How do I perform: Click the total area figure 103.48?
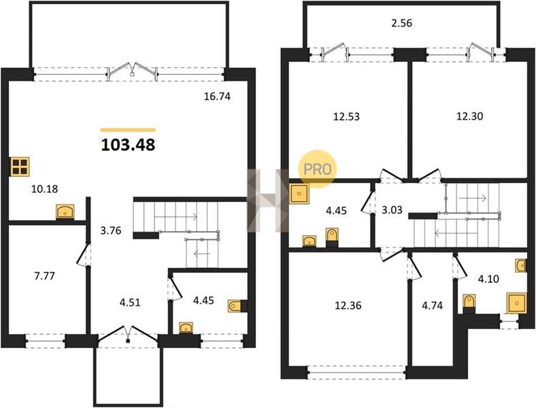click(x=128, y=145)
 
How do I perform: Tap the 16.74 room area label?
click(x=217, y=97)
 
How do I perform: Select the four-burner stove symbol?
click(x=20, y=167)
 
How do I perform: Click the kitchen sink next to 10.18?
click(x=65, y=211)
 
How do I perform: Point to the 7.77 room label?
click(x=45, y=275)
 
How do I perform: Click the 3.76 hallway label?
click(x=111, y=231)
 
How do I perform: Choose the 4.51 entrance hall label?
click(x=130, y=303)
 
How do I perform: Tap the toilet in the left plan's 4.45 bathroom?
click(x=235, y=305)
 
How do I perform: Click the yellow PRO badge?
click(x=318, y=169)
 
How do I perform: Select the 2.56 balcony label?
click(x=401, y=23)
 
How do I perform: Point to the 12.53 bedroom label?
click(x=346, y=116)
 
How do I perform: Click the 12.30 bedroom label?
click(x=470, y=116)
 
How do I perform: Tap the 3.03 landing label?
click(x=392, y=210)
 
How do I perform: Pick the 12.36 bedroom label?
click(x=348, y=305)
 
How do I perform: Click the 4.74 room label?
click(x=432, y=305)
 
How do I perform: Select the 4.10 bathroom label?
click(x=488, y=279)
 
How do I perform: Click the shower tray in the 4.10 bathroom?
click(x=516, y=303)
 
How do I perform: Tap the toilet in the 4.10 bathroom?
click(x=469, y=301)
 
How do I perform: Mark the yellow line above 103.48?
click(x=128, y=130)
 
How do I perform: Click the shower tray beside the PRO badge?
click(x=299, y=194)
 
